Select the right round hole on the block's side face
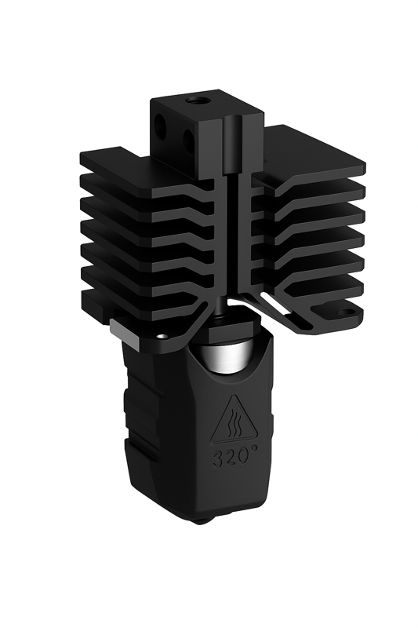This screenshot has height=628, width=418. point(189,139)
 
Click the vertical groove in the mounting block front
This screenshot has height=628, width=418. point(231,149)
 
